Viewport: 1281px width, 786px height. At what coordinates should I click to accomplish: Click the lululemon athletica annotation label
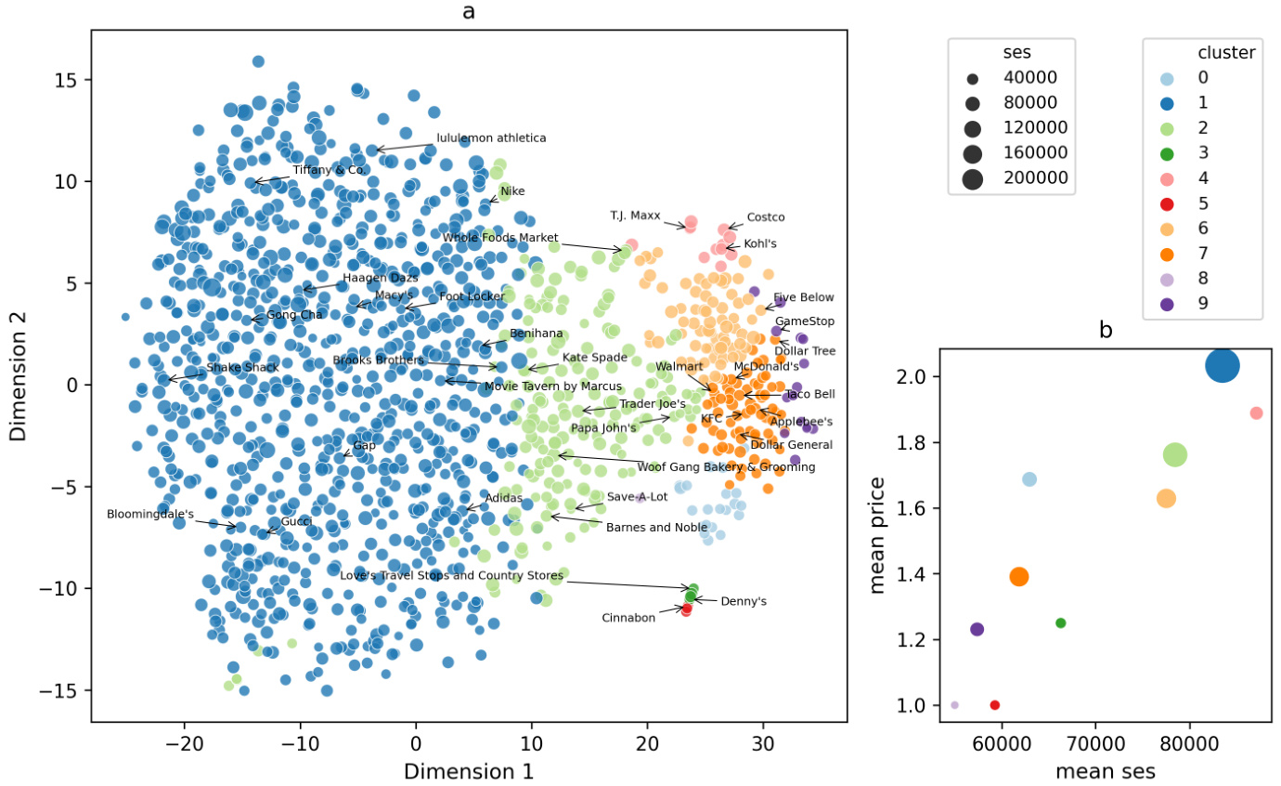click(x=491, y=138)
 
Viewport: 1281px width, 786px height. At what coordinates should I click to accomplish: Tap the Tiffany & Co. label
click(x=328, y=171)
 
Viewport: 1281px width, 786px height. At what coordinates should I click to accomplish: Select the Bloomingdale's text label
click(x=149, y=514)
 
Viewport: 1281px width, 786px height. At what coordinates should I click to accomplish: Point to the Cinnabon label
click(x=628, y=618)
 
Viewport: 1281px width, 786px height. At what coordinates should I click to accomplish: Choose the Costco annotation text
click(x=766, y=217)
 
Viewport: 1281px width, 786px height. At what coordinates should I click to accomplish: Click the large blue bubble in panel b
click(x=1223, y=366)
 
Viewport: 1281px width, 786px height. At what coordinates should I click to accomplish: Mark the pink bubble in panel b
click(x=1256, y=413)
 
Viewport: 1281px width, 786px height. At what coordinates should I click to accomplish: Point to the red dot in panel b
click(x=994, y=705)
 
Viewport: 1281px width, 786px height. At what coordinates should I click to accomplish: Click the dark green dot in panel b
click(x=1061, y=622)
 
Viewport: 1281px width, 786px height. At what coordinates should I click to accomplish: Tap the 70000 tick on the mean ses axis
click(x=1094, y=745)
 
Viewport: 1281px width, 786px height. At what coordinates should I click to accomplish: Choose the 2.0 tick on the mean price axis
click(x=918, y=376)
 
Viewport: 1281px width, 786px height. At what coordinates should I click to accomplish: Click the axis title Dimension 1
click(x=468, y=772)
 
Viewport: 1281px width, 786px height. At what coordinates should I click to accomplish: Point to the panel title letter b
click(x=1105, y=330)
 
